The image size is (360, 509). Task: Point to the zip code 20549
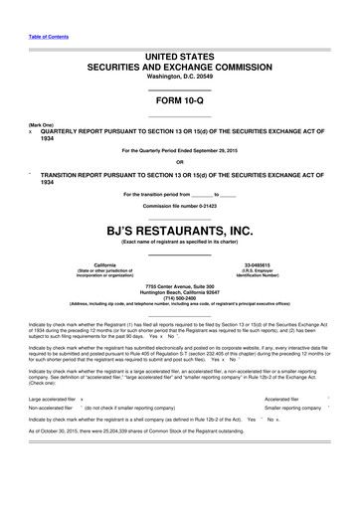pos(207,77)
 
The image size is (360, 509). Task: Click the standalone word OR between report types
pos(179,163)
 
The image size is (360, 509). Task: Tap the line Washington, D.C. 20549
pos(179,77)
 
